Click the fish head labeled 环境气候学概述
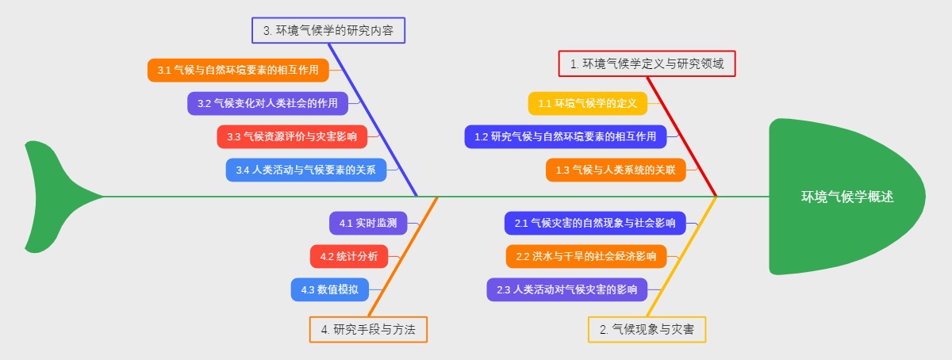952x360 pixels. click(846, 197)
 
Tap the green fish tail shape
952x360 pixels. click(52, 196)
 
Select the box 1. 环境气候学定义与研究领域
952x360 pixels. click(647, 63)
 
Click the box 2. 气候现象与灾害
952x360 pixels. click(647, 329)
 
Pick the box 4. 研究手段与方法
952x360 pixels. click(368, 329)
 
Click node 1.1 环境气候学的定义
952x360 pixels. click(588, 103)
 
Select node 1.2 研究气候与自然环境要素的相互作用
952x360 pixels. click(565, 136)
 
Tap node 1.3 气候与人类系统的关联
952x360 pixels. click(616, 170)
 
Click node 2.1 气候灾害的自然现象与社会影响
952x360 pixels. click(595, 224)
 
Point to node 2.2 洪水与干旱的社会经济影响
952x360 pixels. click(586, 256)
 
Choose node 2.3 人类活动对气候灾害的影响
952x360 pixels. click(566, 289)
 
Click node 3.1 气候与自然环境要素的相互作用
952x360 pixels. click(238, 70)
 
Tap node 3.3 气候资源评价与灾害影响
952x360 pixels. click(292, 136)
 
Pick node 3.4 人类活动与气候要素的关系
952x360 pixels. click(306, 169)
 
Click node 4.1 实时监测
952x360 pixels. click(368, 224)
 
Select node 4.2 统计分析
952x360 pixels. click(349, 256)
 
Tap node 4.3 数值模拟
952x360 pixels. click(329, 289)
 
